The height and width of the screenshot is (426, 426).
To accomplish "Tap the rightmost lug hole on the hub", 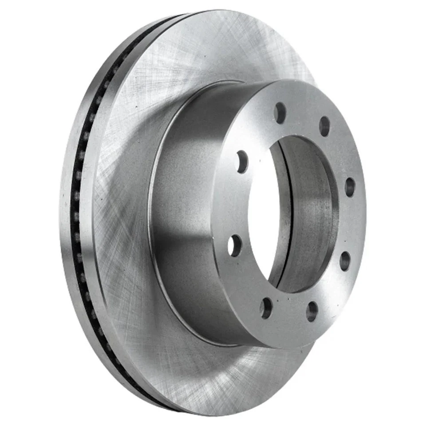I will click(350, 187).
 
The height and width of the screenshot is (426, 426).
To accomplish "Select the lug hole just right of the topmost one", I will click(324, 126).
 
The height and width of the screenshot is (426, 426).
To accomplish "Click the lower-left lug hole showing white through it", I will click(235, 245).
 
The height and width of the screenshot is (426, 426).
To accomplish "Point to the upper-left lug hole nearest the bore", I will click(242, 162).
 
